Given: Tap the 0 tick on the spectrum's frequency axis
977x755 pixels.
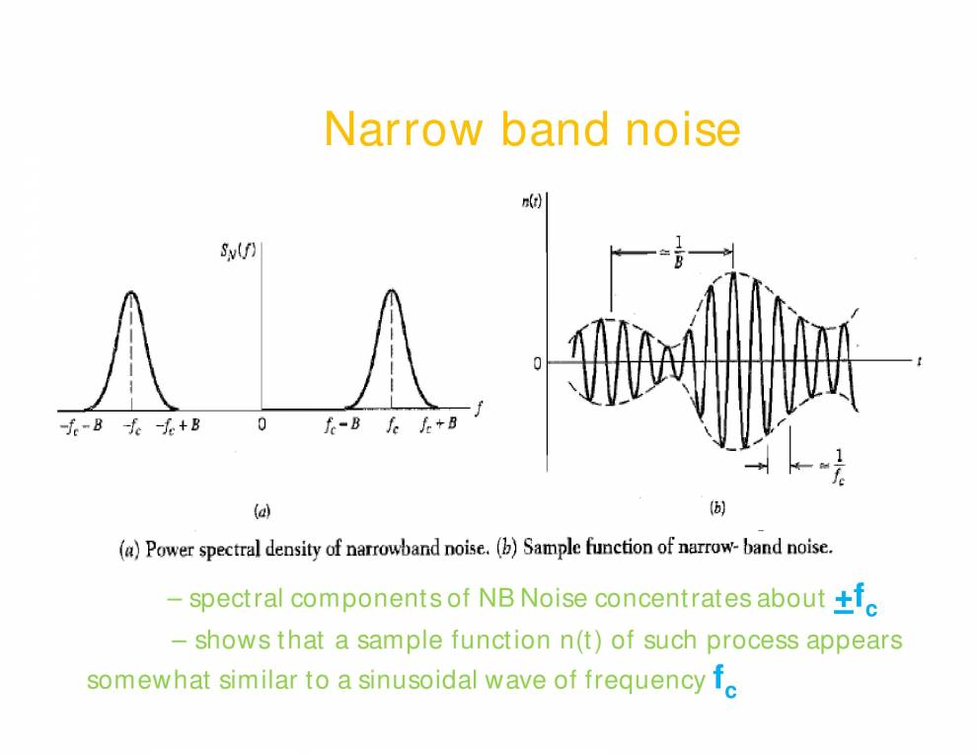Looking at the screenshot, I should (262, 426).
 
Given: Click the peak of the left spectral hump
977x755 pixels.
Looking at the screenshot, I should (130, 292).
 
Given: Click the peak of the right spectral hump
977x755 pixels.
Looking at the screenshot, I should (392, 291).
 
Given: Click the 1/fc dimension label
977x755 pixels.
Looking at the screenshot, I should (836, 467).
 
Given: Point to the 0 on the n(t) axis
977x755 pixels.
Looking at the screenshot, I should (537, 363).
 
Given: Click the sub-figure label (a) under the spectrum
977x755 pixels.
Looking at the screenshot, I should (263, 510).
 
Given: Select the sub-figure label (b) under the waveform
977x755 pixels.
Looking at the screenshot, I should (717, 508).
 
